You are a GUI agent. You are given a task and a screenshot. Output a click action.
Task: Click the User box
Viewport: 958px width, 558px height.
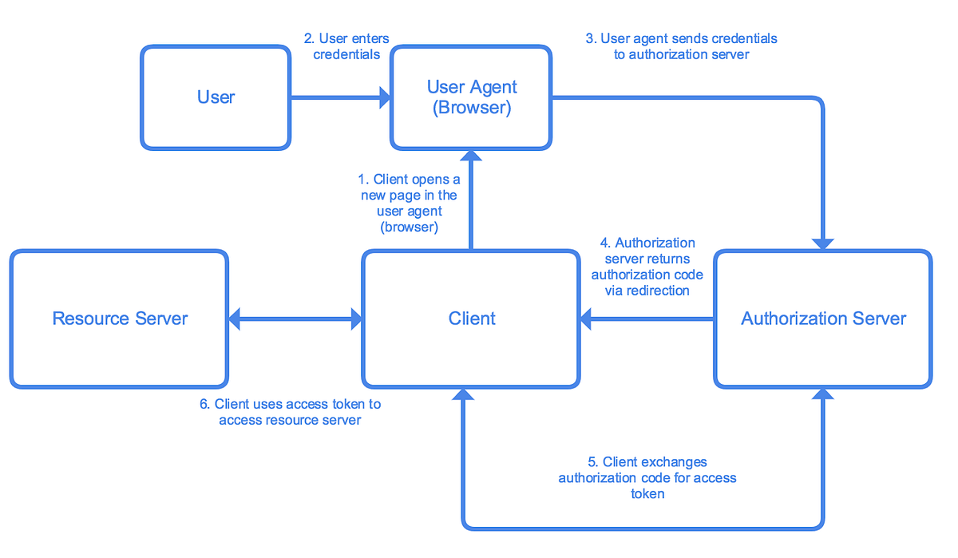tap(216, 97)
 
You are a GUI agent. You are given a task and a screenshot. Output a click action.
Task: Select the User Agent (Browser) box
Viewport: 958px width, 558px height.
tap(471, 97)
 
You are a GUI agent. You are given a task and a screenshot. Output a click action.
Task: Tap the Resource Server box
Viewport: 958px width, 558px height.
tap(119, 319)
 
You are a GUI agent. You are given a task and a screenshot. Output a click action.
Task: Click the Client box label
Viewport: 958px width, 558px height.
tap(472, 319)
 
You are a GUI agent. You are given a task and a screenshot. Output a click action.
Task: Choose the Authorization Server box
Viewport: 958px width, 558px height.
tap(823, 319)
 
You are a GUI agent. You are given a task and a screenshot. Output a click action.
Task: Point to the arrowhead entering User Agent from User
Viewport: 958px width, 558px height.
tap(385, 98)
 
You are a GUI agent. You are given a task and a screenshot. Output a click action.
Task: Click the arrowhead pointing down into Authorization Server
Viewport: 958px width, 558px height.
tap(823, 243)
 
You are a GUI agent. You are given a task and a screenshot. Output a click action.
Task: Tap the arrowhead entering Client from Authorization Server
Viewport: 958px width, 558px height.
tap(587, 319)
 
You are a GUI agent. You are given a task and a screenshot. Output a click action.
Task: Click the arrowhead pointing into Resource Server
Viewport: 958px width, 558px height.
tap(235, 319)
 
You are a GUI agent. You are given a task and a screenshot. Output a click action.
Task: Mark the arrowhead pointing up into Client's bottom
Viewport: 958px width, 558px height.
tap(462, 394)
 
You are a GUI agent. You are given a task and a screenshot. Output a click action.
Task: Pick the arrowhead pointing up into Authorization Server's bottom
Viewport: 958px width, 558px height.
tap(823, 394)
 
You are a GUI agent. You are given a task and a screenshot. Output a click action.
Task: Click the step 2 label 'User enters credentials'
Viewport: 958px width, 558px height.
tap(346, 46)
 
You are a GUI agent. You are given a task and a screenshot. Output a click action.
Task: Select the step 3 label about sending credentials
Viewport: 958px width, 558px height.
tap(681, 46)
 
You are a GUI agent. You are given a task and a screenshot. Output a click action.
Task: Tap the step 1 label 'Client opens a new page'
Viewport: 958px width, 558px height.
tap(409, 204)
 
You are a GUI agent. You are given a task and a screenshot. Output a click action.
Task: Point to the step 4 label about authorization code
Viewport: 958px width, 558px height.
tap(647, 267)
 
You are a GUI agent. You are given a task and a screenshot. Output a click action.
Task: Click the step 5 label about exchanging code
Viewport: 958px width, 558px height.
tap(647, 477)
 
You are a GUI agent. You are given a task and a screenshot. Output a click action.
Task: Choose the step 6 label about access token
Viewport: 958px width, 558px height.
tap(290, 412)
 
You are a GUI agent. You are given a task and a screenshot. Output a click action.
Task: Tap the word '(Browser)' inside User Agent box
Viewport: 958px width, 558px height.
tap(471, 109)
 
